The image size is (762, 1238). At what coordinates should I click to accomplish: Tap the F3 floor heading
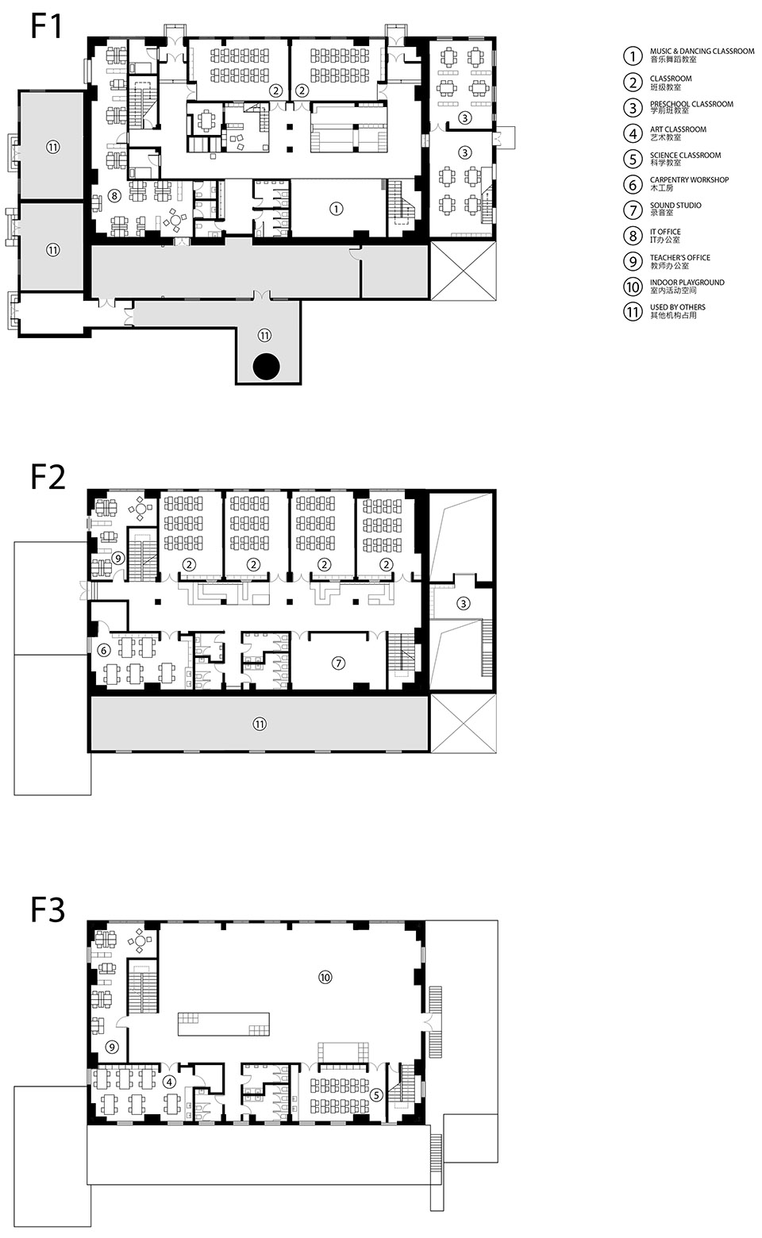[x=48, y=909]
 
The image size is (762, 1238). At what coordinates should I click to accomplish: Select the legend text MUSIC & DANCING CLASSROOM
[x=702, y=52]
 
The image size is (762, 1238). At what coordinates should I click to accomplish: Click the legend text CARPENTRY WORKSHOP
[x=689, y=180]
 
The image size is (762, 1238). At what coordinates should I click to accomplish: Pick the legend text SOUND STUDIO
[x=675, y=206]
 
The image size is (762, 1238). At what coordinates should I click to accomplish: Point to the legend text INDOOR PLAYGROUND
[x=687, y=283]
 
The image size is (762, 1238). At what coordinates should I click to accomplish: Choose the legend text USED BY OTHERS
[x=677, y=307]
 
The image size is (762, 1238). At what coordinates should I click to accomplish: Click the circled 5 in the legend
[x=633, y=159]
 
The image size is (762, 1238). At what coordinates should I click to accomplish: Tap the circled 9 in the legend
[x=633, y=261]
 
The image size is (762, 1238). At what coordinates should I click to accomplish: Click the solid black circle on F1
[x=267, y=366]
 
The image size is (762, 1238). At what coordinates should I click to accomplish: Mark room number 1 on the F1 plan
[x=336, y=209]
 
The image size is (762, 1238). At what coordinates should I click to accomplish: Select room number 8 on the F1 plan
[x=114, y=194]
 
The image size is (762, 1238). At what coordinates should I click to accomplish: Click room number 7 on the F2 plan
[x=339, y=663]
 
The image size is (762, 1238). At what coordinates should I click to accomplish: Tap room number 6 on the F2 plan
[x=103, y=649]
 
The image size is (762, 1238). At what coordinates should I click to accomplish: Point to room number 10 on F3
[x=325, y=977]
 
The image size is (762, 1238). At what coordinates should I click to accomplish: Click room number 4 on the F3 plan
[x=169, y=1081]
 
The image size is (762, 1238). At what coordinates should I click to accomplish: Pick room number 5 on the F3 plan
[x=377, y=1094]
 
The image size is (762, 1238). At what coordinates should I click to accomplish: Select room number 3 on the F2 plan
[x=464, y=604]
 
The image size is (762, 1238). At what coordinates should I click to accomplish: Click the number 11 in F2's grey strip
[x=260, y=723]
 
